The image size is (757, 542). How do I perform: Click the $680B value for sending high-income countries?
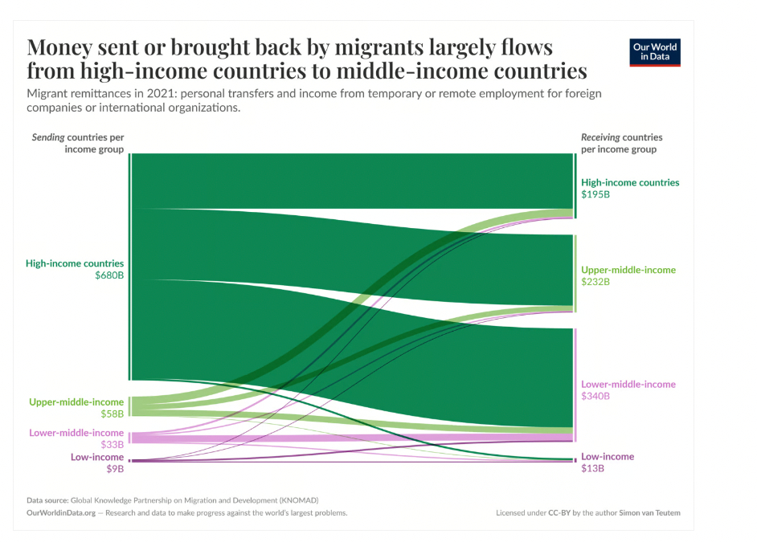(x=109, y=276)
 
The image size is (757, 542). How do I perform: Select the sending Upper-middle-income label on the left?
(x=76, y=401)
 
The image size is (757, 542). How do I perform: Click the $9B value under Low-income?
(x=116, y=470)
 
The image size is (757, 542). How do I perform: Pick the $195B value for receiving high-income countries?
(x=595, y=195)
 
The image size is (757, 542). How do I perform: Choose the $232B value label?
(x=595, y=283)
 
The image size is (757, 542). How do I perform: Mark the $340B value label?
(x=595, y=397)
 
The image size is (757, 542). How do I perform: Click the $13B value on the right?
(x=592, y=469)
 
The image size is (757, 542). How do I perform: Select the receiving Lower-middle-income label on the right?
(x=628, y=384)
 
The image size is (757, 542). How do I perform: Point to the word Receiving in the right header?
(x=600, y=137)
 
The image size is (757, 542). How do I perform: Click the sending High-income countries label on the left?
(x=75, y=263)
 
